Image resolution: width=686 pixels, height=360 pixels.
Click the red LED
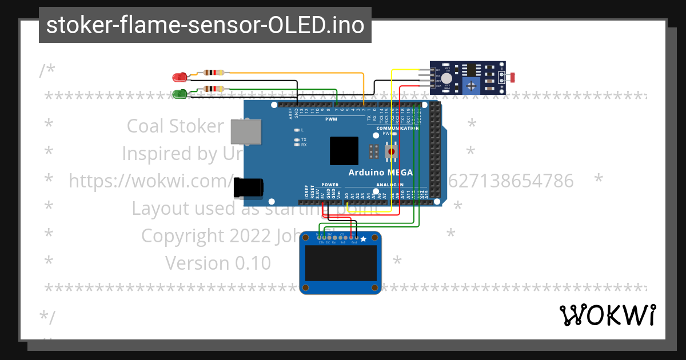coord(180,77)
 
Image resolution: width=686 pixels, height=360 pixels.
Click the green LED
coord(180,93)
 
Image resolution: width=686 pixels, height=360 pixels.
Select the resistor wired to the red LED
coord(214,73)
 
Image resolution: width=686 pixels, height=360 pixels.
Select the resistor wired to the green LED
coord(214,89)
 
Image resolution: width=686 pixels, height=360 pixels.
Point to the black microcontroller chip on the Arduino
coord(344,151)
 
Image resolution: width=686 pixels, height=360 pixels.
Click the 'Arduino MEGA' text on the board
coord(380,173)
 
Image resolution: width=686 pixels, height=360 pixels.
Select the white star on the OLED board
coord(363,239)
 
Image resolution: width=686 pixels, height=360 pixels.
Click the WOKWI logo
coord(607,315)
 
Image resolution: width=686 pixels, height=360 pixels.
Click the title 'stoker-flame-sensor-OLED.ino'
coord(205,25)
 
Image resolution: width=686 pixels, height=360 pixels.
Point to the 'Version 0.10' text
coord(218,263)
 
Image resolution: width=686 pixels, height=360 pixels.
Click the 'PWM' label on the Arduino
coord(331,119)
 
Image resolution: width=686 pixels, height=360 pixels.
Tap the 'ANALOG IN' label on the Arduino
coord(389,185)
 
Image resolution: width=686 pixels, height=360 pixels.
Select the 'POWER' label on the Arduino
coord(330,185)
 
